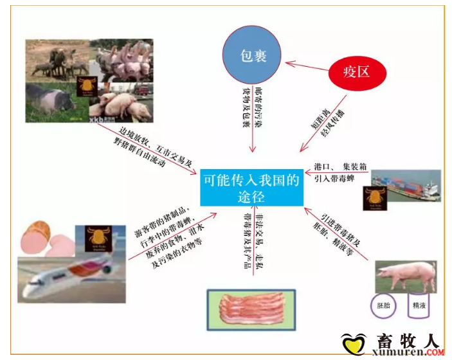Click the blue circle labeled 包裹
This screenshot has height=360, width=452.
tap(253, 55)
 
